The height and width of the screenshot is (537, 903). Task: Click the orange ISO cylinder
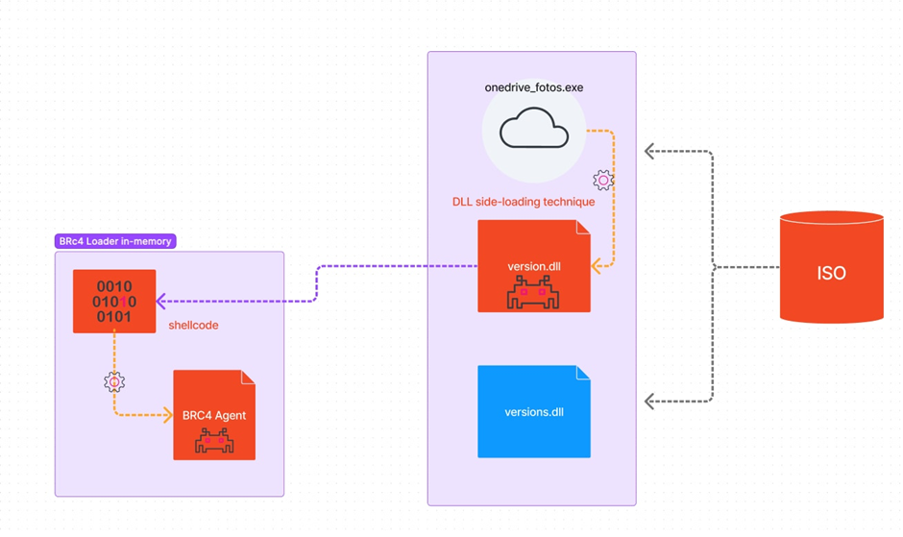coord(832,267)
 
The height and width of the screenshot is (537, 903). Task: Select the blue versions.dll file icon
coord(534,411)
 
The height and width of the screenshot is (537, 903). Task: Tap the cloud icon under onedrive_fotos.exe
coord(534,128)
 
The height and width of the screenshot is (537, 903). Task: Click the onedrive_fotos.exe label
coord(534,87)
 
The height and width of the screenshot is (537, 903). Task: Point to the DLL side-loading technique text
coord(524,202)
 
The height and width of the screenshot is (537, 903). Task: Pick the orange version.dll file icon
coord(534,266)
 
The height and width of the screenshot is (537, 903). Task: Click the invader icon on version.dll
coord(533,292)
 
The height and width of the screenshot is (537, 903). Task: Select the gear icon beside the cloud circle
coord(603,181)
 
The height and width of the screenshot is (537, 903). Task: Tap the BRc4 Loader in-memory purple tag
coord(115,241)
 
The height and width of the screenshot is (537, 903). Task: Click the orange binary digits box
coord(114,301)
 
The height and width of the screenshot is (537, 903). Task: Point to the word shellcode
coord(193,325)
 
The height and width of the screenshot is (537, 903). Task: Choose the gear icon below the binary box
coord(114,382)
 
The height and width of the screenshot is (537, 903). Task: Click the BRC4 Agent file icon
coord(214,415)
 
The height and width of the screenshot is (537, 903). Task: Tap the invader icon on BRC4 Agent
coord(214,441)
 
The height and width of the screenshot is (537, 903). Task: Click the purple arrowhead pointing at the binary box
coord(161,301)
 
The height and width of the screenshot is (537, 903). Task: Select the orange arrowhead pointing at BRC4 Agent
coord(167,414)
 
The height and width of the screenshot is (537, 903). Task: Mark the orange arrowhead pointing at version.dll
coord(597,266)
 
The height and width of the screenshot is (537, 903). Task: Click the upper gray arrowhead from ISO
coord(649,151)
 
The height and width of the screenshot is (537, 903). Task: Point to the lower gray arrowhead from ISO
coord(649,401)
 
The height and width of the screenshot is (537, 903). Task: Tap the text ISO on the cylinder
coord(831,273)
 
